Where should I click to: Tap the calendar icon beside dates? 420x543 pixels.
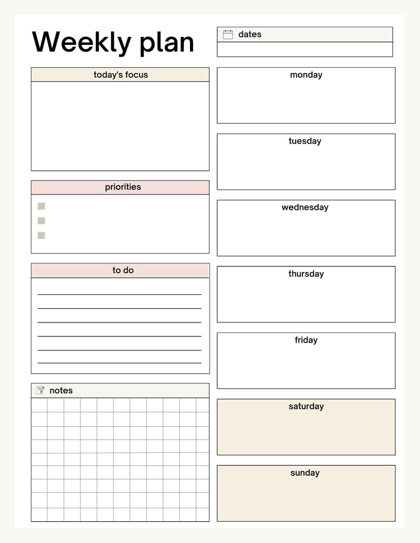tap(228, 35)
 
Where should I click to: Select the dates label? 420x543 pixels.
tap(250, 35)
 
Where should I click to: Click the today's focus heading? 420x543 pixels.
tap(120, 75)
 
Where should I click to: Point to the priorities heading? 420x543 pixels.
tap(123, 187)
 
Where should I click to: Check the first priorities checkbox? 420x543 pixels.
tap(41, 206)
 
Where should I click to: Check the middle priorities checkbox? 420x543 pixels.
tap(41, 221)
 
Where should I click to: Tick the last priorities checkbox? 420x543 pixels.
tap(41, 235)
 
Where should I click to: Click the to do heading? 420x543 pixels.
tap(123, 270)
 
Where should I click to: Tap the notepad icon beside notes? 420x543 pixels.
tap(40, 390)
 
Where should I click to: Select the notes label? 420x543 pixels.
tap(61, 391)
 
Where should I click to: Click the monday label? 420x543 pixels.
tap(306, 75)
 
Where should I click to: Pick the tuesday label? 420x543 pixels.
tap(305, 141)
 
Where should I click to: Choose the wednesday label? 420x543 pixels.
tap(305, 208)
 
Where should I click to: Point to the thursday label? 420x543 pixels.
tap(306, 274)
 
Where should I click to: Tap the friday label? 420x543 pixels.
tap(306, 340)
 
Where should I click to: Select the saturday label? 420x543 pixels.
tap(306, 406)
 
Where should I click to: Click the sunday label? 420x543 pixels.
tap(305, 473)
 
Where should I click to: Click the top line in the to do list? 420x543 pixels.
tap(119, 294)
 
